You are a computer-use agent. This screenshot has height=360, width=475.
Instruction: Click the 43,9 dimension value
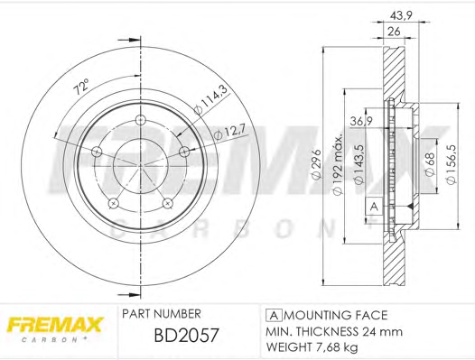coord(400,15)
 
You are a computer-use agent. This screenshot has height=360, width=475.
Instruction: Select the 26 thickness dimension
coord(394,32)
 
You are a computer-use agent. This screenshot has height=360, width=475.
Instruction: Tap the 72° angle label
coord(82,87)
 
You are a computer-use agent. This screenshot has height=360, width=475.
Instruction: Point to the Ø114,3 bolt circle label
coord(210,100)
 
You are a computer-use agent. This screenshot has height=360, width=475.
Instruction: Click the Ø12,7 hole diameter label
coord(229,134)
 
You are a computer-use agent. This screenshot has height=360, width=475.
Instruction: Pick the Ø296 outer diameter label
coord(316,164)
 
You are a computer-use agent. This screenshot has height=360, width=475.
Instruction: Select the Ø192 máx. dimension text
coord(338,164)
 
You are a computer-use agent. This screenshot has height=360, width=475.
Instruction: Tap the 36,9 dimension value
coord(361,122)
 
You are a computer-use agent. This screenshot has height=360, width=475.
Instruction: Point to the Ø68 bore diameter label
coord(430,164)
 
